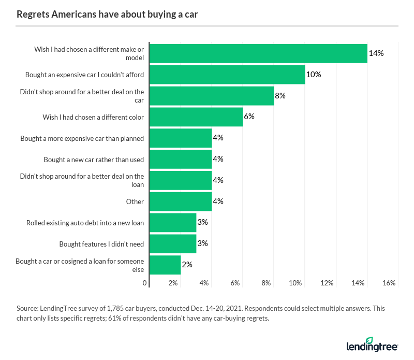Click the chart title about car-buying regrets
pyautogui.click(x=107, y=14)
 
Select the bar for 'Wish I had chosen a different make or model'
pyautogui.click(x=258, y=53)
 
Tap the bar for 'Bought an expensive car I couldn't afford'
pyautogui.click(x=227, y=74)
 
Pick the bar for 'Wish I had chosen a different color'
pyautogui.click(x=196, y=117)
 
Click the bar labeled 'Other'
pyautogui.click(x=181, y=201)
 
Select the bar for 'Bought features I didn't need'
pyautogui.click(x=173, y=243)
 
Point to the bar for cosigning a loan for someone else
pyautogui.click(x=165, y=264)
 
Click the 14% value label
pyautogui.click(x=376, y=53)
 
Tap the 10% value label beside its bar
pyautogui.click(x=314, y=74)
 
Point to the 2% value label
pyautogui.click(x=187, y=264)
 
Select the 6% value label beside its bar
pyautogui.click(x=249, y=117)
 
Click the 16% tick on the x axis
pyautogui.click(x=389, y=283)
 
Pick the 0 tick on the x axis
pyautogui.click(x=145, y=283)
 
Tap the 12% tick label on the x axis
pyautogui.click(x=327, y=283)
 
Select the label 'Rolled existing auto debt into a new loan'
pyautogui.click(x=85, y=223)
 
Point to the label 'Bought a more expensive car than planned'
pyautogui.click(x=82, y=138)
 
